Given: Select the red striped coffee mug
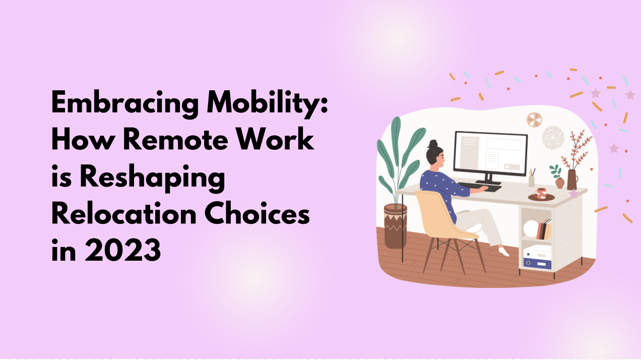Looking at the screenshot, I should [541, 193].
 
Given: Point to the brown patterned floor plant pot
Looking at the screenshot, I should [396, 225].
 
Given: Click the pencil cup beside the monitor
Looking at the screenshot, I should [531, 181].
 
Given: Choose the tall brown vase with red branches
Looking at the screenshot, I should [572, 179].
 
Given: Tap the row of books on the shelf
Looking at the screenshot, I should [544, 230].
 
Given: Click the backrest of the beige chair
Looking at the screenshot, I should [432, 211].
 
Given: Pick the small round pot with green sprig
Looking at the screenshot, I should [559, 183].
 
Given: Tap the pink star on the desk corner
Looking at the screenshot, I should [573, 194].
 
